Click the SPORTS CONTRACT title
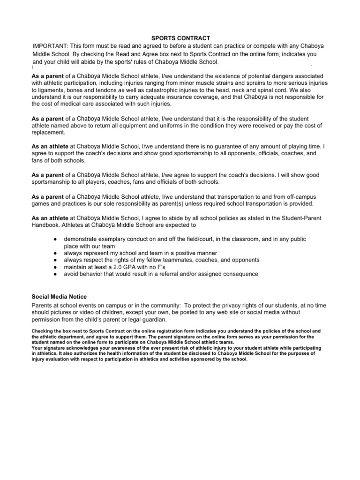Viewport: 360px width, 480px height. (x=180, y=38)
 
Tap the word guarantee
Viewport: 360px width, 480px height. (x=191, y=146)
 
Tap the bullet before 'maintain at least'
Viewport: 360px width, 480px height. (x=55, y=267)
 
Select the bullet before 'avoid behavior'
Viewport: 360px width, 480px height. (x=55, y=274)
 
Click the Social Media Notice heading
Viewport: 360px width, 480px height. (x=59, y=296)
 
